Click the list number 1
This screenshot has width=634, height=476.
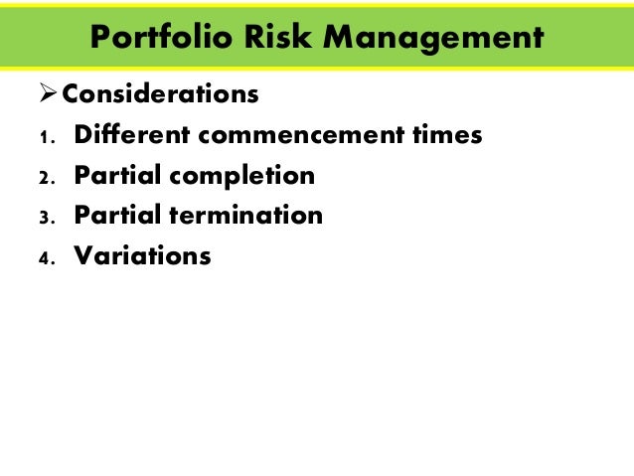tap(44, 137)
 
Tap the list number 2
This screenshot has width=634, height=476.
tap(44, 178)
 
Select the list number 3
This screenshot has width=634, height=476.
tap(44, 218)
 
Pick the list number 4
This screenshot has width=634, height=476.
tap(44, 258)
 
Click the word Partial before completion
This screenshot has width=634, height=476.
tap(118, 176)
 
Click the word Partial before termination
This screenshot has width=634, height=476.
tap(118, 216)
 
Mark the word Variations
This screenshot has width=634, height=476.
tap(143, 256)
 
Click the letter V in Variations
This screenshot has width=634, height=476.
tap(84, 256)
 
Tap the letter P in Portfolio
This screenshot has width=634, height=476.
tap(99, 37)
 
